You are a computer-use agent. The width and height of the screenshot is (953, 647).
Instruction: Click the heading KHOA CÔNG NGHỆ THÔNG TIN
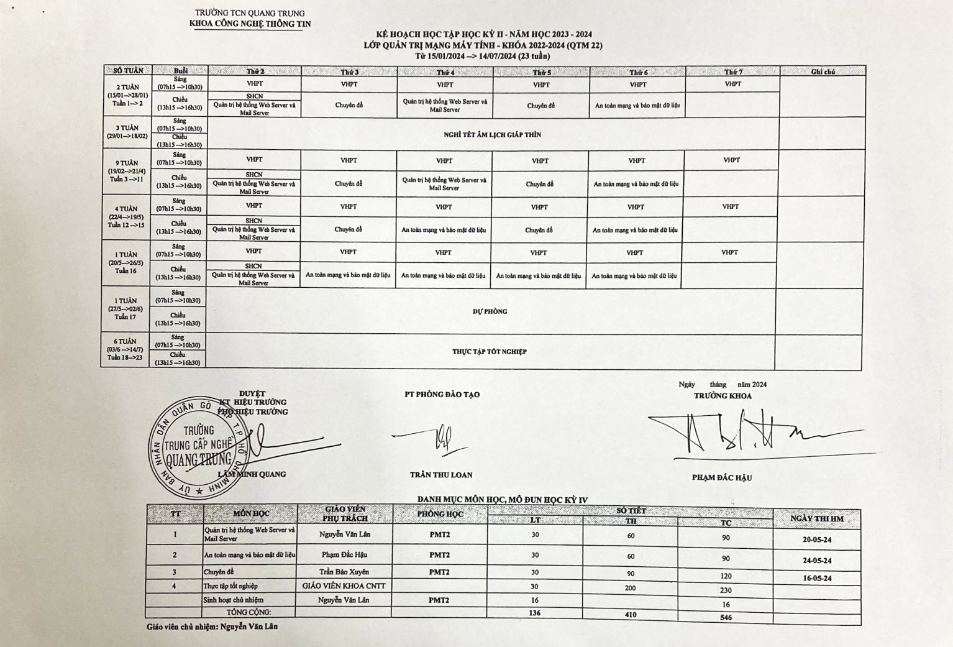pyautogui.click(x=250, y=24)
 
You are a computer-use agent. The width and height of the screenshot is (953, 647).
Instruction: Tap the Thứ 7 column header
pyautogui.click(x=733, y=72)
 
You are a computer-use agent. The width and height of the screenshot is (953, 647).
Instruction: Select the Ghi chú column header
pyautogui.click(x=823, y=72)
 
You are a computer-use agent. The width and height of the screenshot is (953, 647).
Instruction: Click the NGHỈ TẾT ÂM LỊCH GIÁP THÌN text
pyautogui.click(x=492, y=134)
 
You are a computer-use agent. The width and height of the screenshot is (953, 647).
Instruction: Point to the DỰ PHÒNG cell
pyautogui.click(x=490, y=311)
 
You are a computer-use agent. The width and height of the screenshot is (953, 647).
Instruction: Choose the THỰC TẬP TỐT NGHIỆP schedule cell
pyautogui.click(x=490, y=352)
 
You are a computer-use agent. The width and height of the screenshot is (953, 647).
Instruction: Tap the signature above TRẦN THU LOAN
pyautogui.click(x=442, y=438)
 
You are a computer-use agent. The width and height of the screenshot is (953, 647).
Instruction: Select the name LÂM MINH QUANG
pyautogui.click(x=252, y=474)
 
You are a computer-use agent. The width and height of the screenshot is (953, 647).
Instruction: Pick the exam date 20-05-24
pyautogui.click(x=817, y=539)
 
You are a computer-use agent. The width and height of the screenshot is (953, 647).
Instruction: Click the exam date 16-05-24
pyautogui.click(x=817, y=578)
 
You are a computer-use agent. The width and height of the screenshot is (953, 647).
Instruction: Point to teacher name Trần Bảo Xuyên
pyautogui.click(x=344, y=572)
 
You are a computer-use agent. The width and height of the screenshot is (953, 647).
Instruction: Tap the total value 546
pyautogui.click(x=726, y=617)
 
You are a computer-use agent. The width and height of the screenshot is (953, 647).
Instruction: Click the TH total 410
pyautogui.click(x=631, y=615)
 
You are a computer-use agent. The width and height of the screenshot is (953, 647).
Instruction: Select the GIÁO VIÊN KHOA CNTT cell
pyautogui.click(x=344, y=585)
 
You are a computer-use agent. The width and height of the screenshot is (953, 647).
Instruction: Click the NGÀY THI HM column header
pyautogui.click(x=817, y=518)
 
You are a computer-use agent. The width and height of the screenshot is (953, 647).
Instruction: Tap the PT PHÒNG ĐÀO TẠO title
pyautogui.click(x=442, y=395)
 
